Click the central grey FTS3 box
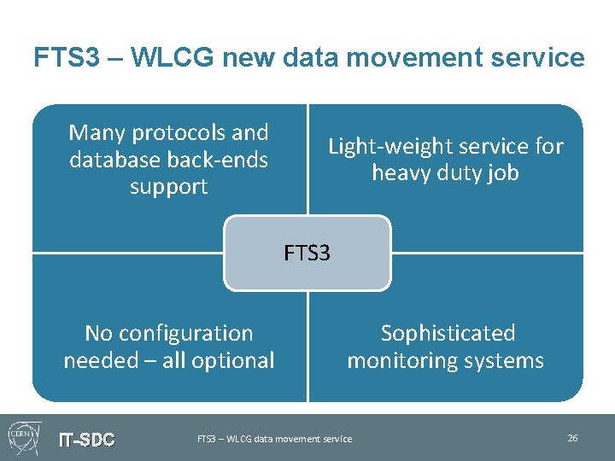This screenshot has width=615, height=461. click(307, 253)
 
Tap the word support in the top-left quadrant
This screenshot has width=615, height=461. click(168, 187)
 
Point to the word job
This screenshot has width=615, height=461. click(501, 173)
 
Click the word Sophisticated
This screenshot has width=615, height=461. click(448, 333)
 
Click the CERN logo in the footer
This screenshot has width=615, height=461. click(22, 437)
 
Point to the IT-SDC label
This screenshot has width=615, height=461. click(86, 440)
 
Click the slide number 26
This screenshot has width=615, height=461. click(572, 438)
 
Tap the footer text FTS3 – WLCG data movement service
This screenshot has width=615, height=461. click(274, 439)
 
